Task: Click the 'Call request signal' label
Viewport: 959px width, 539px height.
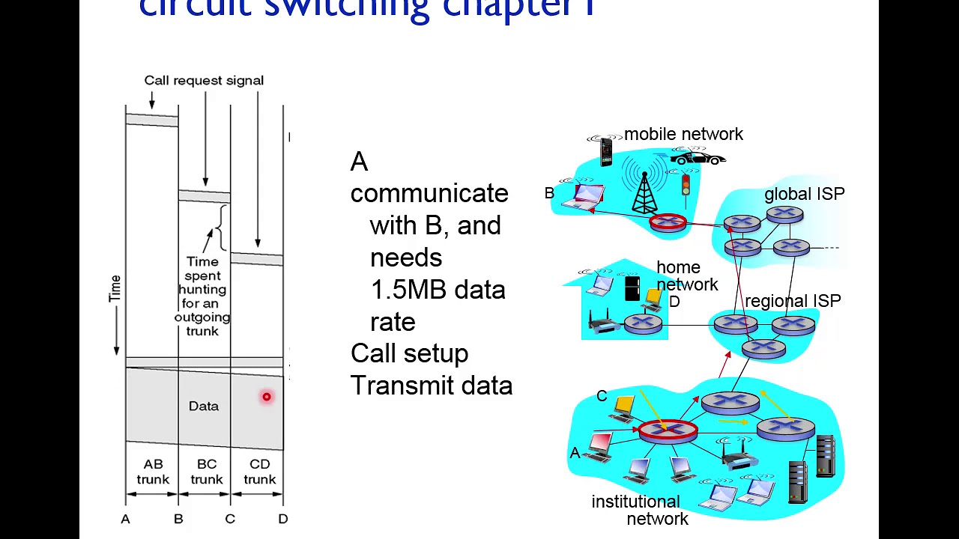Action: click(204, 80)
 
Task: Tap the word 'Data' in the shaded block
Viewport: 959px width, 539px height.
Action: click(204, 406)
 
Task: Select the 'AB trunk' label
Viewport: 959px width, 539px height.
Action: click(153, 472)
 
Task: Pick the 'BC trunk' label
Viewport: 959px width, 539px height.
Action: click(206, 472)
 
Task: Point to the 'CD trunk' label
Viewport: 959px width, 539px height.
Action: click(259, 472)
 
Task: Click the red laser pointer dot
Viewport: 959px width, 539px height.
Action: click(266, 397)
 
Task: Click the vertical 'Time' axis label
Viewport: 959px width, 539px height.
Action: click(115, 288)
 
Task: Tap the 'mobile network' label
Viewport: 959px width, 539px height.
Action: click(683, 134)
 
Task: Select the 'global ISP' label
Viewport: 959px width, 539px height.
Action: click(804, 194)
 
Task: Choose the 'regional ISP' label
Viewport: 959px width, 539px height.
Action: click(793, 301)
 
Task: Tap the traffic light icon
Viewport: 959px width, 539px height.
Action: click(685, 183)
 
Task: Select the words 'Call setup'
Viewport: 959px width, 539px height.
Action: click(409, 353)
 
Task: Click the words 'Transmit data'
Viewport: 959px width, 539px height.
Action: click(431, 386)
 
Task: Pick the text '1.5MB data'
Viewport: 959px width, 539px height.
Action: click(438, 290)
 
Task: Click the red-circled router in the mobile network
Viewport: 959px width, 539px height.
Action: click(668, 222)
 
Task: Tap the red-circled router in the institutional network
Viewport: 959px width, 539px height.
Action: click(668, 430)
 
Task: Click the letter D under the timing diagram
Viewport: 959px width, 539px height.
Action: click(282, 518)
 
